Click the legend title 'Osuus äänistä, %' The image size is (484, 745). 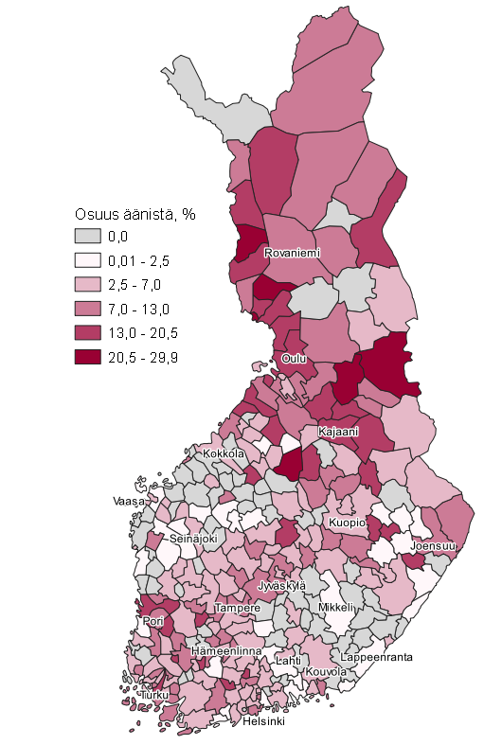tap(134, 213)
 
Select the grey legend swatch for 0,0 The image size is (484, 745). tap(88, 237)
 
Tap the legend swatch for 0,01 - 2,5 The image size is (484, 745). tap(88, 260)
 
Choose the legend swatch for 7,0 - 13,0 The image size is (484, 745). tap(88, 309)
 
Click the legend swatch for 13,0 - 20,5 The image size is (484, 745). tap(88, 333)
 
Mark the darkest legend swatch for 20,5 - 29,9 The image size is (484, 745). tap(88, 357)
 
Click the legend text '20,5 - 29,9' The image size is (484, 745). tap(144, 357)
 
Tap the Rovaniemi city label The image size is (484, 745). tap(292, 254)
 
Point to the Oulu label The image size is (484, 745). tap(294, 358)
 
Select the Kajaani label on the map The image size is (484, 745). tap(338, 432)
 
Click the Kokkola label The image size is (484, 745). tap(223, 454)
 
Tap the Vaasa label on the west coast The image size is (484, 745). tap(129, 499)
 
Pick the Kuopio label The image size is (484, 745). tap(347, 523)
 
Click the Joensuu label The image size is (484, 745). tap(434, 546)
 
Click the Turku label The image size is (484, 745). tap(154, 695)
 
